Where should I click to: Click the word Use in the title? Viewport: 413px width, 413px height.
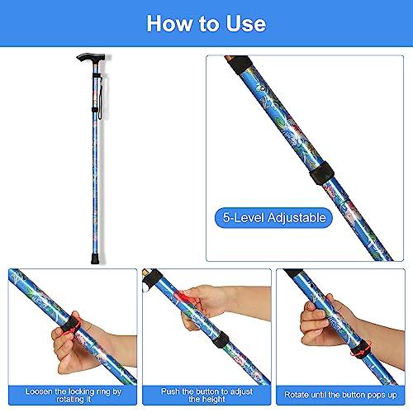pyautogui.click(x=245, y=24)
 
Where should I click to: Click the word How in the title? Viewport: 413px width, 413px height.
pyautogui.click(x=169, y=24)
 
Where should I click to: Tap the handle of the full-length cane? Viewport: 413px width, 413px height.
pyautogui.click(x=91, y=58)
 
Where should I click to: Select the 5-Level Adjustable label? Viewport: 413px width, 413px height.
pyautogui.click(x=273, y=218)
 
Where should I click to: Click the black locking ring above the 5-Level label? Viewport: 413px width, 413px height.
pyautogui.click(x=322, y=173)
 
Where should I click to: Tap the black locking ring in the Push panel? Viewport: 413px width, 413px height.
pyautogui.click(x=221, y=340)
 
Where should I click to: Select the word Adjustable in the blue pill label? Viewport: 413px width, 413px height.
pyautogui.click(x=297, y=218)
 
